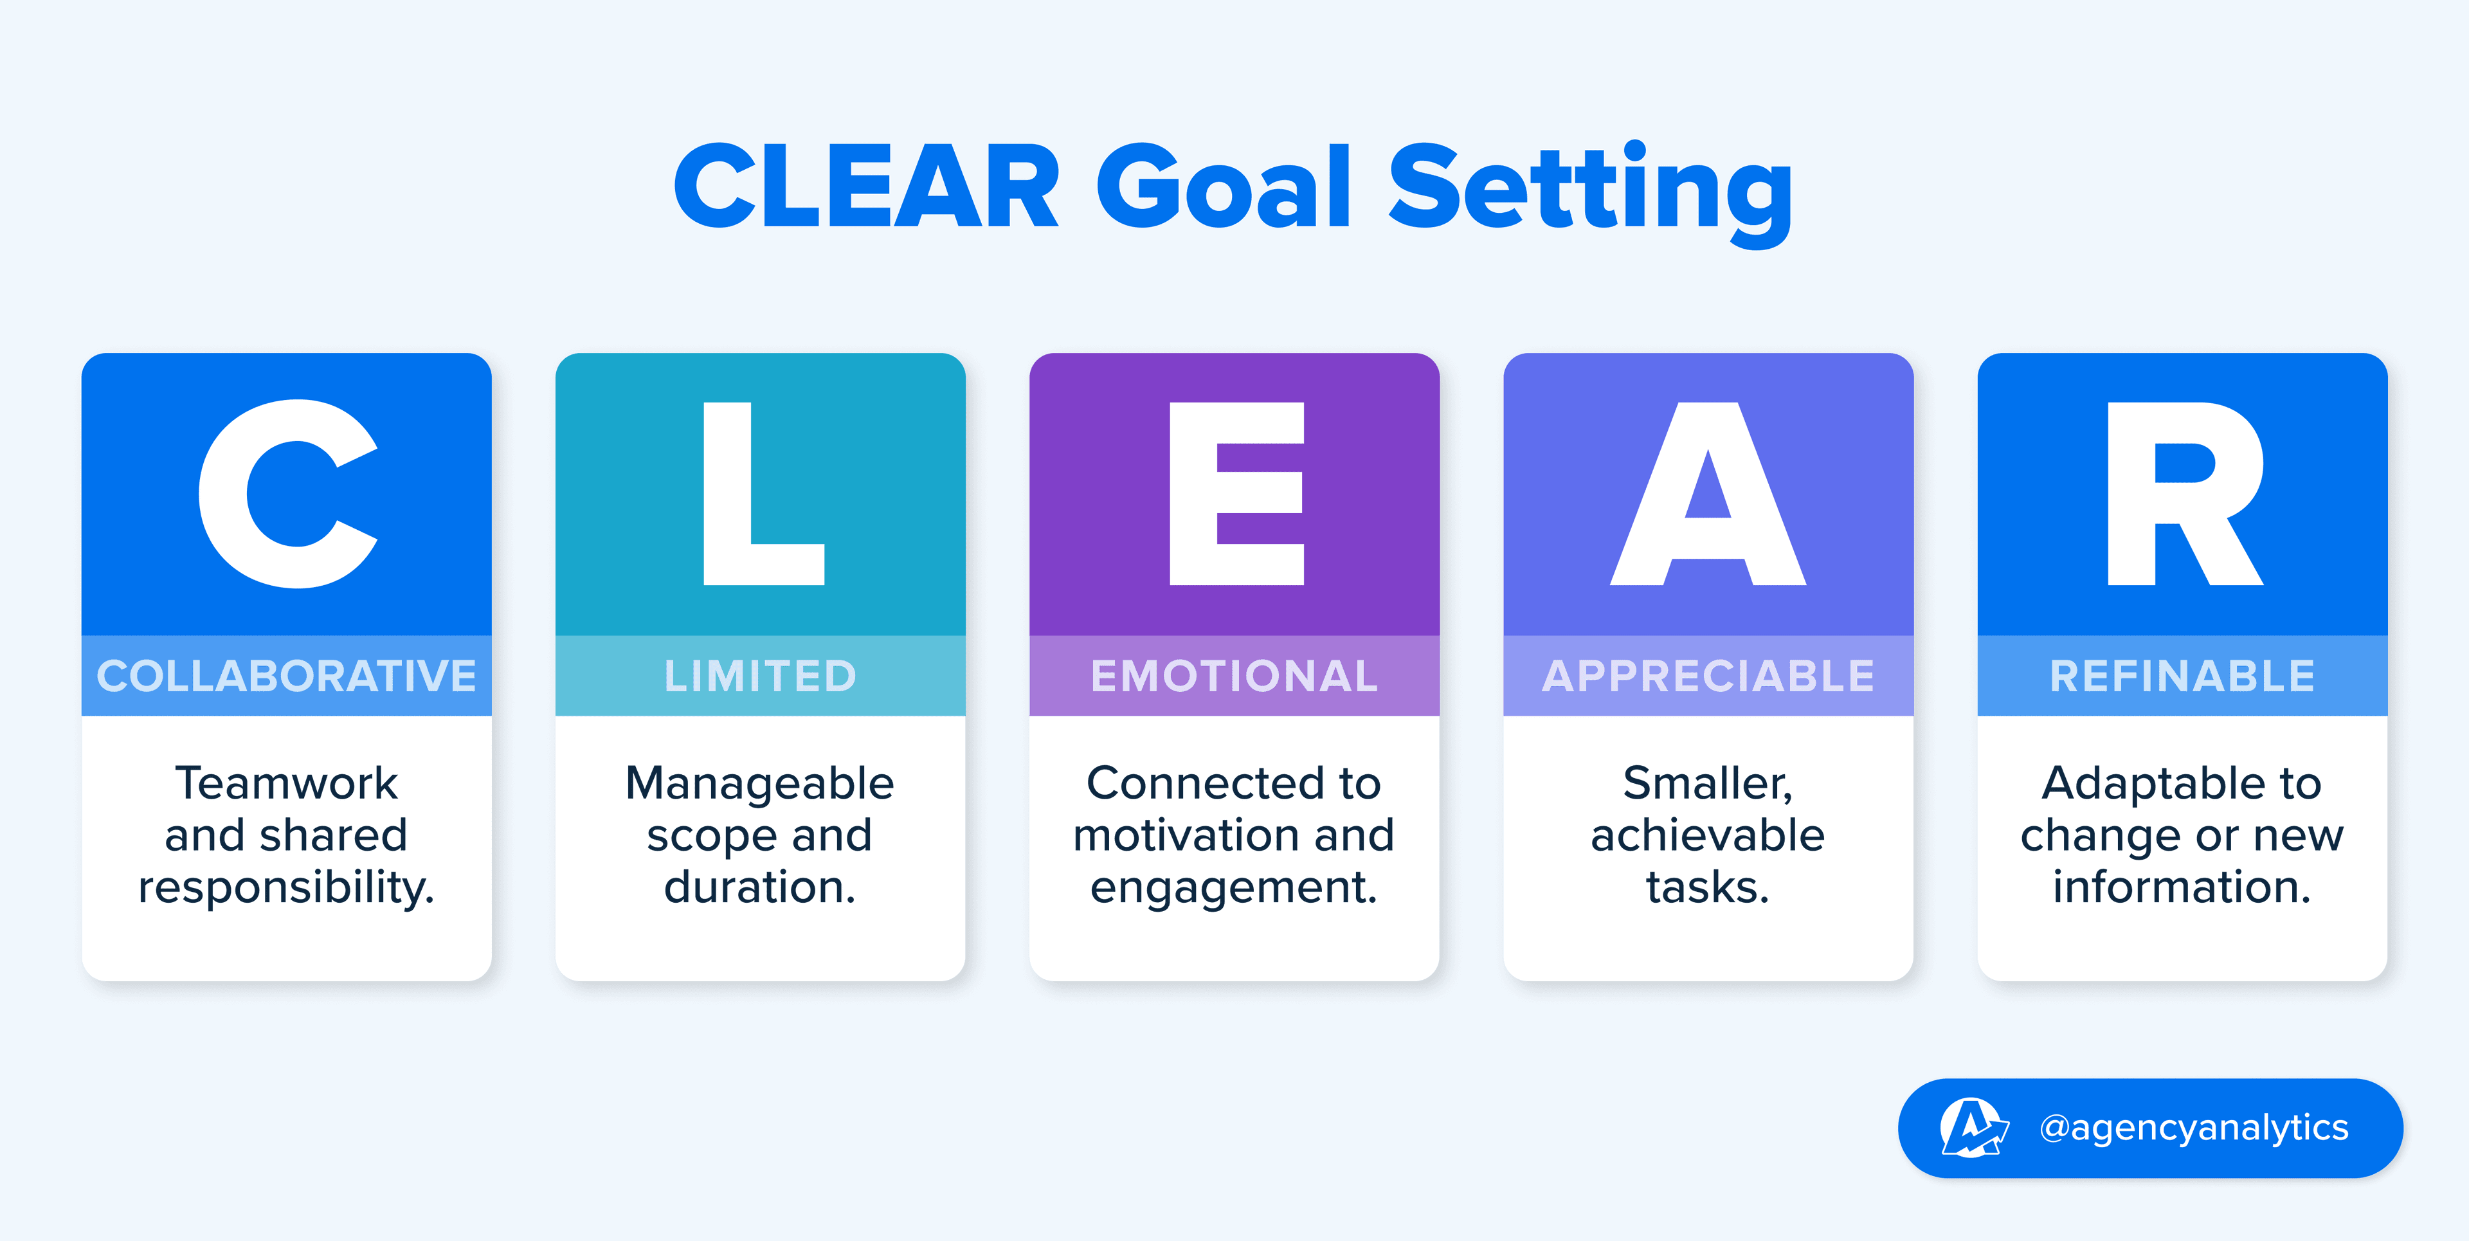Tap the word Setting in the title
pyautogui.click(x=1589, y=189)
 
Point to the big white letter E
pyautogui.click(x=1236, y=494)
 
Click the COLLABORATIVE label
pyautogui.click(x=287, y=676)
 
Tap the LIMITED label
pyautogui.click(x=760, y=676)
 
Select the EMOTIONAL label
pyautogui.click(x=1234, y=676)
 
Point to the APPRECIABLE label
pyautogui.click(x=1708, y=676)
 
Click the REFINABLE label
pyautogui.click(x=2182, y=676)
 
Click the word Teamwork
pyautogui.click(x=287, y=783)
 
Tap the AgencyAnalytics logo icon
pyautogui.click(x=1971, y=1128)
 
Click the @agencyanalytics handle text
pyautogui.click(x=2194, y=1128)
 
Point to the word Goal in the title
pyautogui.click(x=1224, y=187)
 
